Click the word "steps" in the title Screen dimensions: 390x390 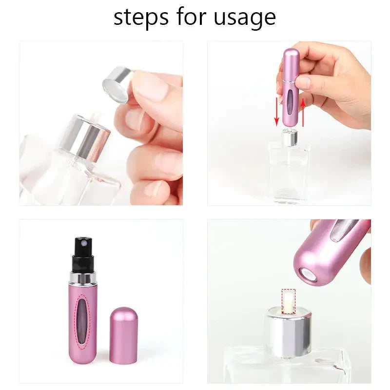pos(142,17)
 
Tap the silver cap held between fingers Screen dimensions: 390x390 pos(117,84)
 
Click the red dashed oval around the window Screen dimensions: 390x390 pos(84,322)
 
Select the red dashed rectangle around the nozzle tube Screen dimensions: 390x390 pos(289,300)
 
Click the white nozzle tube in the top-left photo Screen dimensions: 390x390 pos(96,117)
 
